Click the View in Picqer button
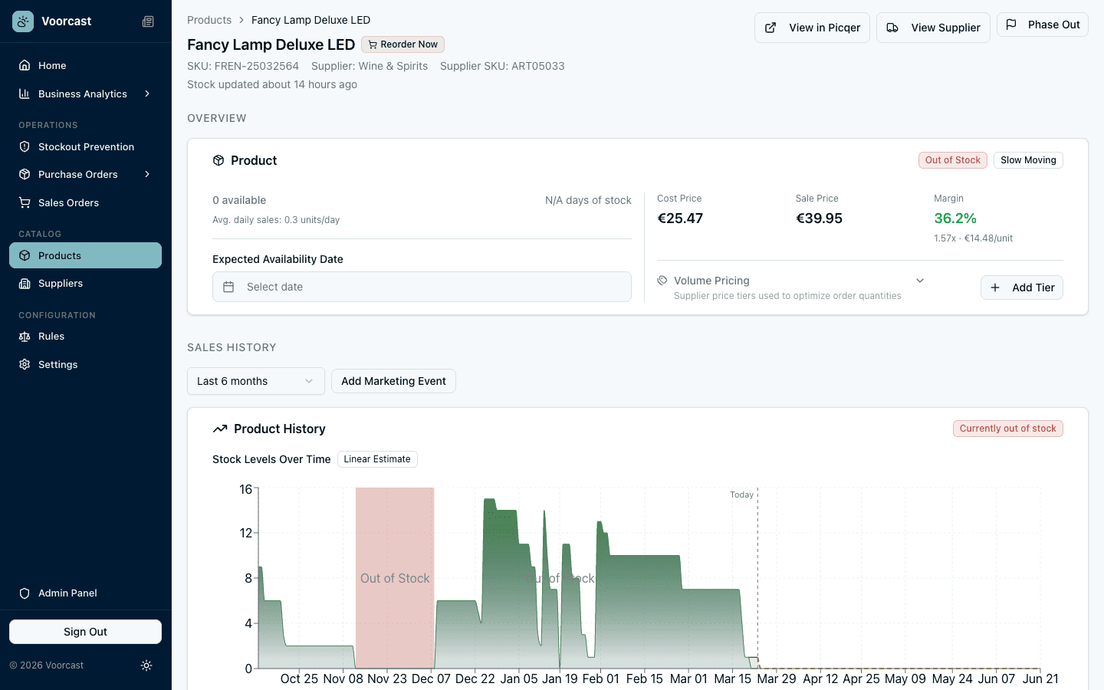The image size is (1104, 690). (x=812, y=28)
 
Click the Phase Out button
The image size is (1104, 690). (x=1042, y=25)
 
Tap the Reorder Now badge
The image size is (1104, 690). (x=402, y=44)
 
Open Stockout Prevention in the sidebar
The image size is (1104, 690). (x=86, y=146)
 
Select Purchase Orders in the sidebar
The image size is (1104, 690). (x=78, y=174)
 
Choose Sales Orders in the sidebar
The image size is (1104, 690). (x=68, y=202)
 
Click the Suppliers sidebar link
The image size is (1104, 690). (x=61, y=283)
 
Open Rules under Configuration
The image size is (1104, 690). (x=51, y=336)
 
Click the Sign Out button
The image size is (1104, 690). (x=85, y=632)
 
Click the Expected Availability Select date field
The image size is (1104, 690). (x=422, y=287)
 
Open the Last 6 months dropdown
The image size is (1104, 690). (x=255, y=381)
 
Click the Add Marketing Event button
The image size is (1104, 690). (x=393, y=381)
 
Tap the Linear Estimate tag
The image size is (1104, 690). (x=376, y=459)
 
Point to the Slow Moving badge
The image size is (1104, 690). (x=1028, y=160)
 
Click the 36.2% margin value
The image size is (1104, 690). (x=955, y=219)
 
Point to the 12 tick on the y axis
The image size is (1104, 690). (x=246, y=533)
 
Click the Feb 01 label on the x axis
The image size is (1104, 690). (x=600, y=678)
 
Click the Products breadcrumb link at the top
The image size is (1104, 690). (x=209, y=20)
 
